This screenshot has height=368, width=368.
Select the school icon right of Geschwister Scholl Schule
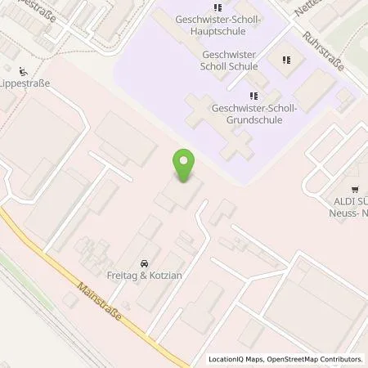[x=287, y=59]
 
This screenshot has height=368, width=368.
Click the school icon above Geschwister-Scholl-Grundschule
[x=245, y=96]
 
